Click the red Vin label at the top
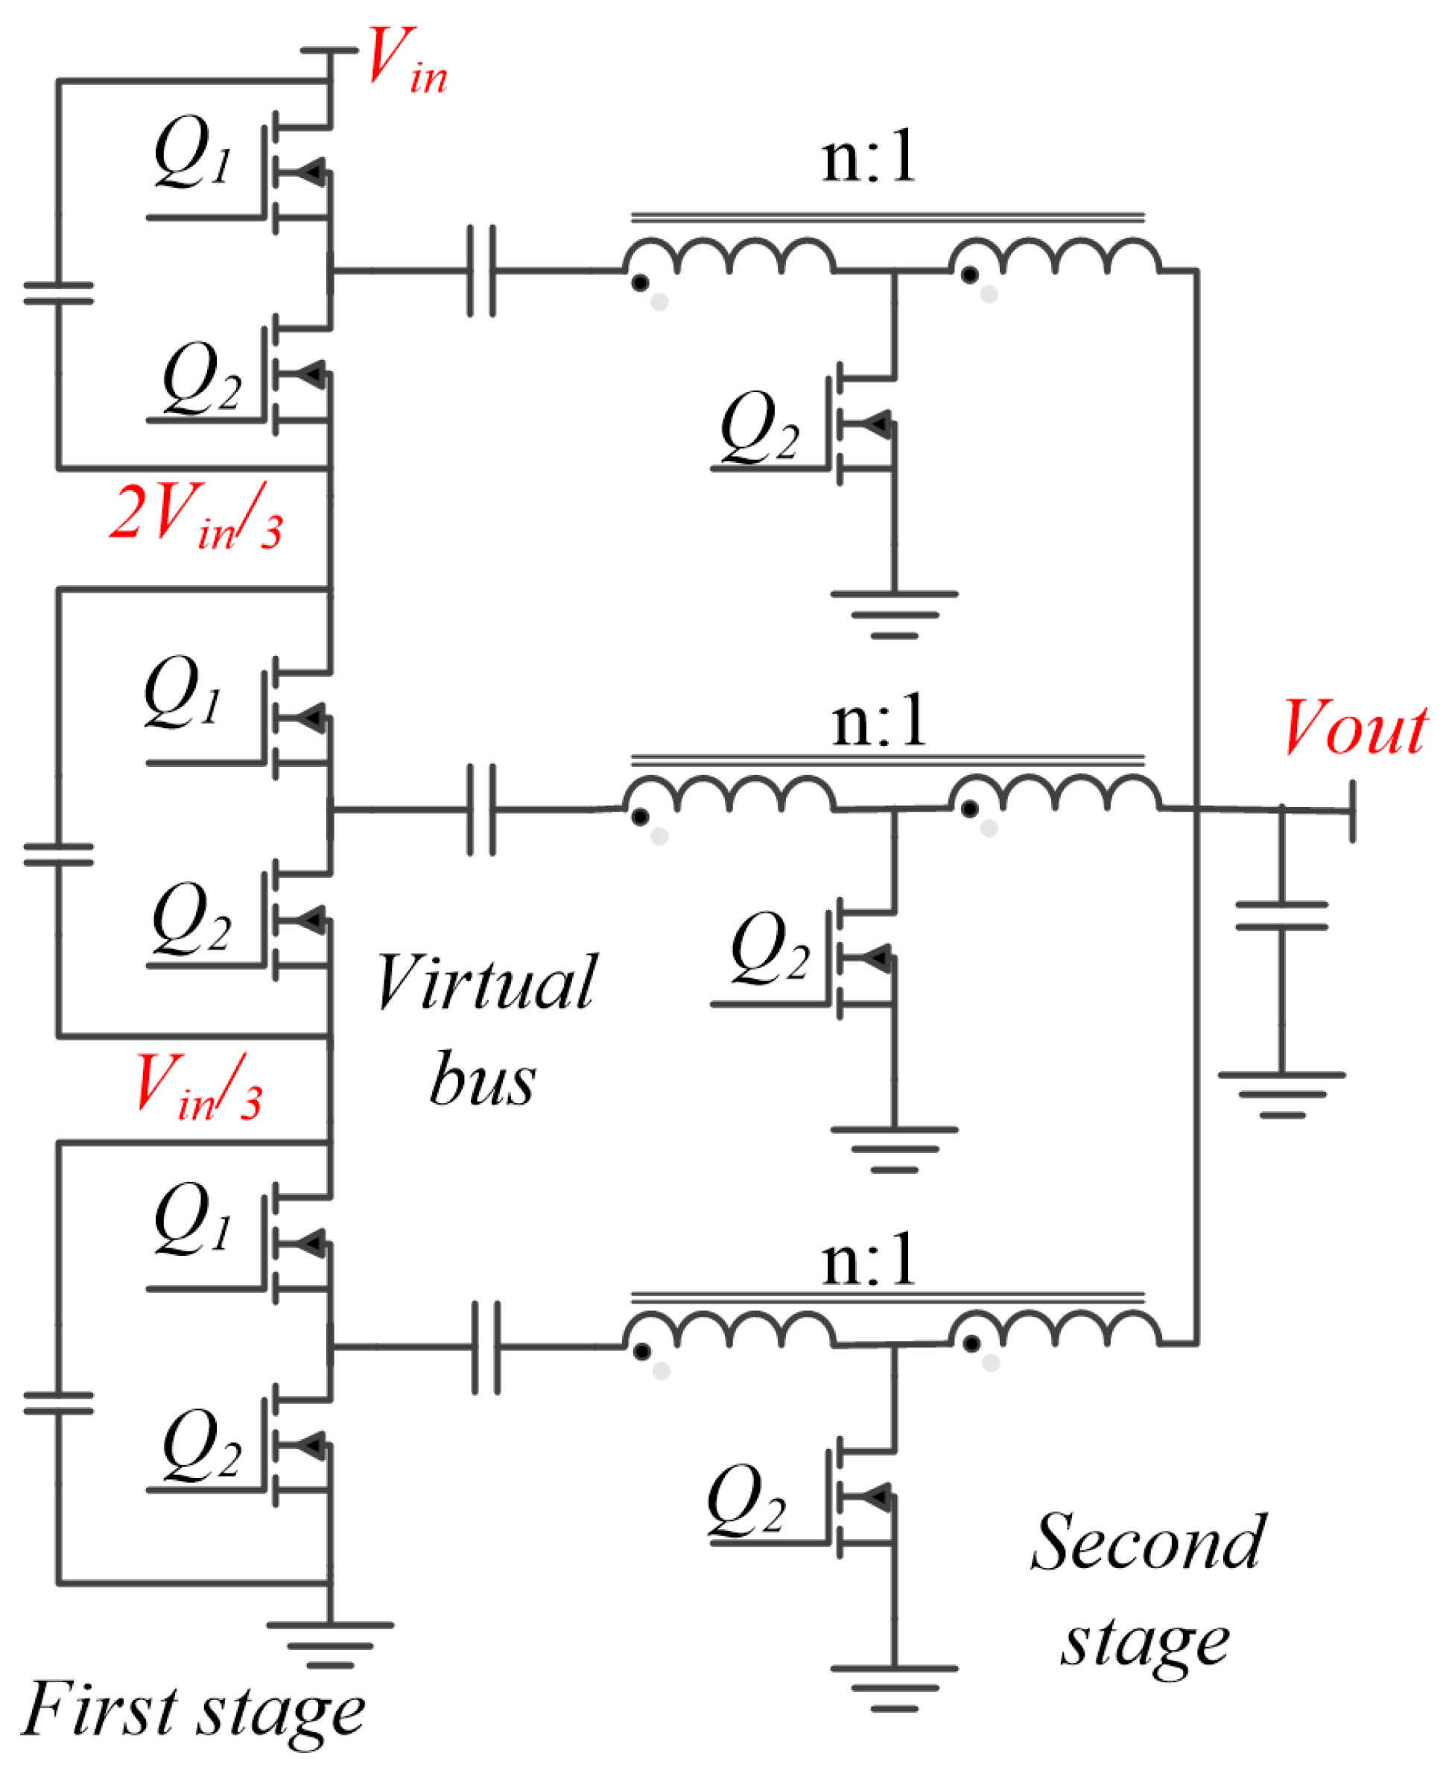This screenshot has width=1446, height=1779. [x=406, y=60]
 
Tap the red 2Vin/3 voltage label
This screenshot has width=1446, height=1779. [x=197, y=516]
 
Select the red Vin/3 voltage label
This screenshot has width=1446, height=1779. [x=198, y=1086]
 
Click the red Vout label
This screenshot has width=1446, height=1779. [x=1354, y=729]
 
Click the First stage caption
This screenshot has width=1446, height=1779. [x=193, y=1710]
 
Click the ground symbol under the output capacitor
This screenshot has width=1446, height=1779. [x=1281, y=1094]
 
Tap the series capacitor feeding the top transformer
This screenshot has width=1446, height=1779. [x=481, y=271]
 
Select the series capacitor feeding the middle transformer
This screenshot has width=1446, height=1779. [x=481, y=809]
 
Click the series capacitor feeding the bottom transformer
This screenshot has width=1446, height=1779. [x=486, y=1347]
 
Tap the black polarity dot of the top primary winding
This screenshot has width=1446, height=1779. [x=640, y=283]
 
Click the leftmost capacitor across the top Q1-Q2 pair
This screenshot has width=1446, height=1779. [x=58, y=294]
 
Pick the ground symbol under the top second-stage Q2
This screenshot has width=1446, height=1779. [x=894, y=614]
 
